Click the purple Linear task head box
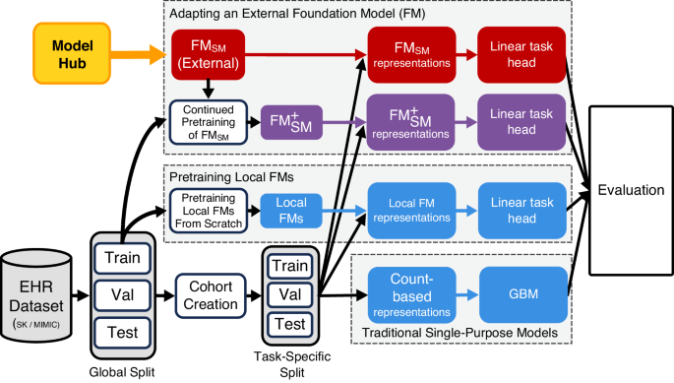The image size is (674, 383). click(x=522, y=121)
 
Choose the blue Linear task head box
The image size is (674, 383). click(x=522, y=210)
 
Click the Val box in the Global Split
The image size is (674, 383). click(x=123, y=293)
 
